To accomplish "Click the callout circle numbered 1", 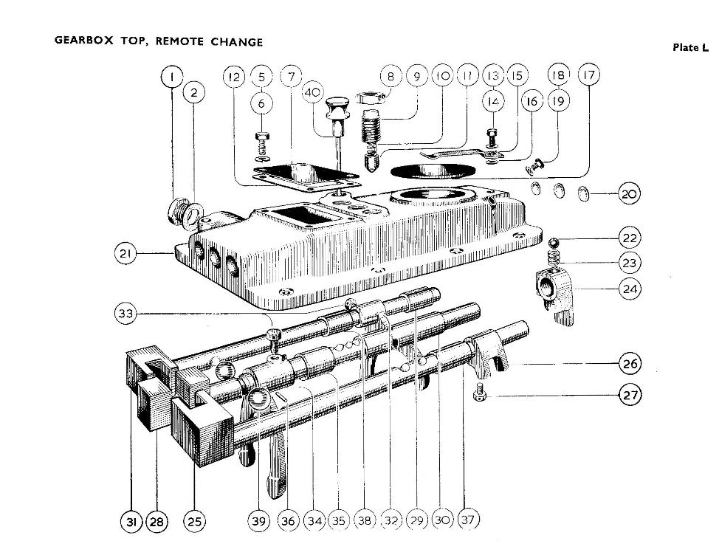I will pos(172,75).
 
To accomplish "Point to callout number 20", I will pos(629,194).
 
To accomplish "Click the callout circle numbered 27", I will pos(630,395).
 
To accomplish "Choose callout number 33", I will pos(126,313).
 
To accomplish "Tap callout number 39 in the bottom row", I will pos(258,521).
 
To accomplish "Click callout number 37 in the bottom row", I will pos(467,520).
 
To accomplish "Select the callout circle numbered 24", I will pos(630,289).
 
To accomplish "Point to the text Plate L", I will pos(689,48).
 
